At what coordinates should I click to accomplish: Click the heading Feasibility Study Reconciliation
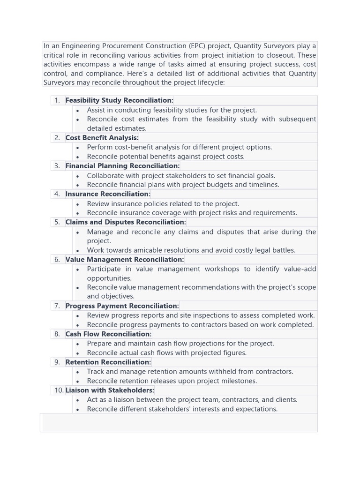(119, 100)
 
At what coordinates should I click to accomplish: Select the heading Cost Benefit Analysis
(102, 138)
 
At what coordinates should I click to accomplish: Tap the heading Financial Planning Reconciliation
(122, 166)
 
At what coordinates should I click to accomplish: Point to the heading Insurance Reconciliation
(108, 194)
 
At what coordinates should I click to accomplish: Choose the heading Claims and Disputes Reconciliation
(126, 222)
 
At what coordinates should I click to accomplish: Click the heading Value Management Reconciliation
(125, 260)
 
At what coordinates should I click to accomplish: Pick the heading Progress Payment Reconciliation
(122, 306)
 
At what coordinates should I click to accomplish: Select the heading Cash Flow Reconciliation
(108, 334)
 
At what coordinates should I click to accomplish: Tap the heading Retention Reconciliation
(108, 362)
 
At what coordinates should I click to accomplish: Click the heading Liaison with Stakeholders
(110, 390)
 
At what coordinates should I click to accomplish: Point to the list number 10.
(59, 390)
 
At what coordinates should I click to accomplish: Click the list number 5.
(57, 222)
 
